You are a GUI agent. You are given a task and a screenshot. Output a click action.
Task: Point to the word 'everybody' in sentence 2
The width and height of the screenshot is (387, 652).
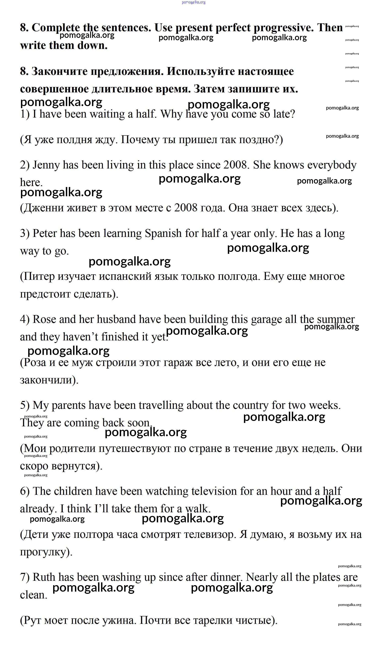coord(332,165)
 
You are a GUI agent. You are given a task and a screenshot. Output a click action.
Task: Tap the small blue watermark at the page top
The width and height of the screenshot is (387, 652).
coord(194,2)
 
